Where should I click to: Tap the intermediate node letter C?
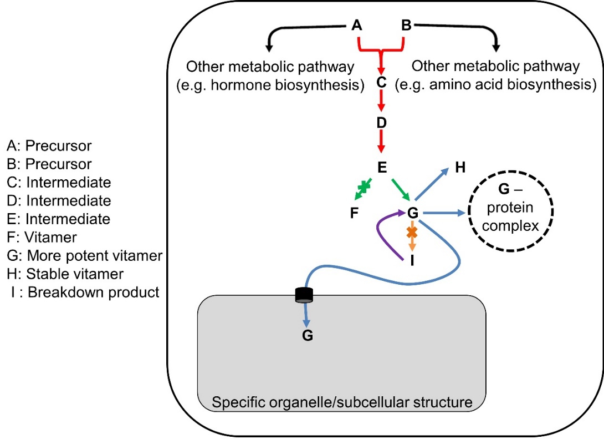(x=381, y=82)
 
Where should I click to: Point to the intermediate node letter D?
(x=381, y=123)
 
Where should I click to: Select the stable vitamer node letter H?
(x=460, y=168)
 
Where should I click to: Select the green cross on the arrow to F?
(x=364, y=188)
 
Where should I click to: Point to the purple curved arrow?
(x=381, y=233)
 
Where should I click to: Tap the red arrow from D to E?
(x=381, y=143)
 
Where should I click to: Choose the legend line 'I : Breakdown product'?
(x=84, y=292)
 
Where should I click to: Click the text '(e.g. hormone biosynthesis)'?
(x=270, y=85)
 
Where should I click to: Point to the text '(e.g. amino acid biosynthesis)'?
(x=495, y=85)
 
